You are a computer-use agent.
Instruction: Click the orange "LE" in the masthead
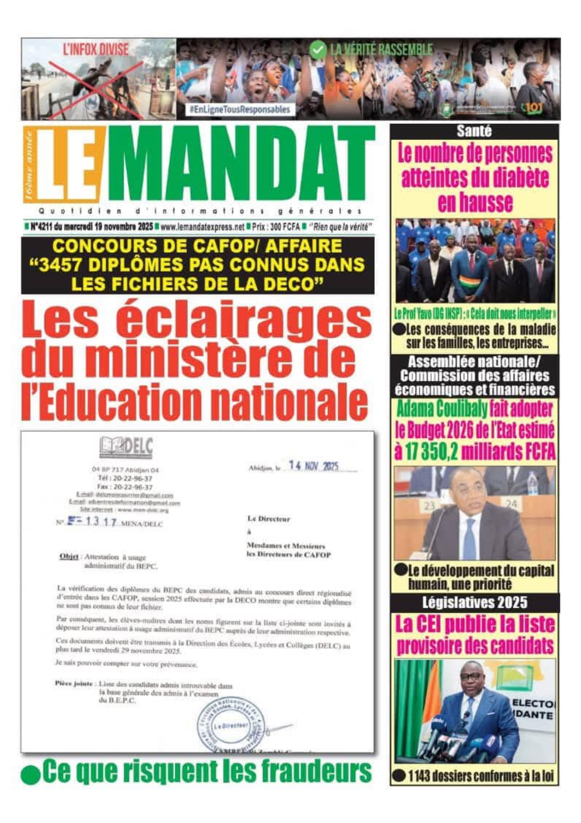[x=66, y=164]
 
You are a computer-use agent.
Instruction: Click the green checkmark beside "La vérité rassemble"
[x=318, y=50]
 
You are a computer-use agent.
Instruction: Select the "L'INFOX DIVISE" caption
[x=96, y=49]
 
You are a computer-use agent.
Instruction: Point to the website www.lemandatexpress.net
[x=202, y=227]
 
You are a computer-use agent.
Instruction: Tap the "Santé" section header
[x=474, y=131]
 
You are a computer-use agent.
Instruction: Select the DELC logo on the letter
[x=126, y=447]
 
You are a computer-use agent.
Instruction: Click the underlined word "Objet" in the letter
[x=69, y=557]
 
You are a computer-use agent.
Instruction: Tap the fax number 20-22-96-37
[x=133, y=487]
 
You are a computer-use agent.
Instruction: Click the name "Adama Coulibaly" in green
[x=442, y=409]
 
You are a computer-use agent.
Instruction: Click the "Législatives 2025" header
[x=474, y=602]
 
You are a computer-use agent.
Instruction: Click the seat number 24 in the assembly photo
[x=512, y=504]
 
